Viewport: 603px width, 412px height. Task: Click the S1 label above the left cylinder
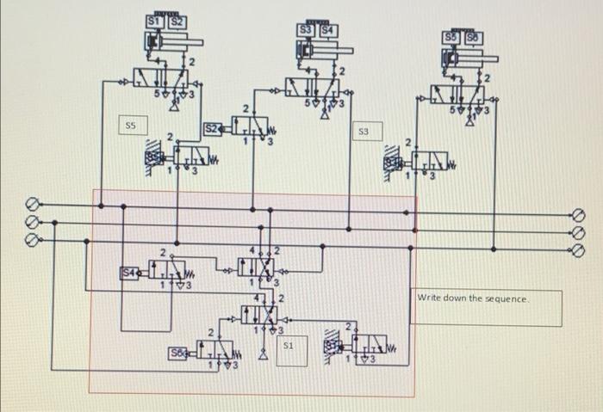click(x=154, y=21)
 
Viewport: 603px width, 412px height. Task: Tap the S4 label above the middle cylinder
click(x=325, y=32)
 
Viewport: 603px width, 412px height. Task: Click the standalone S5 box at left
click(x=130, y=126)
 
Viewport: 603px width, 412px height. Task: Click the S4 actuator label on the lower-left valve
click(x=127, y=273)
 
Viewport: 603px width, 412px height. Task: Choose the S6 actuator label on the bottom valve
click(x=177, y=352)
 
